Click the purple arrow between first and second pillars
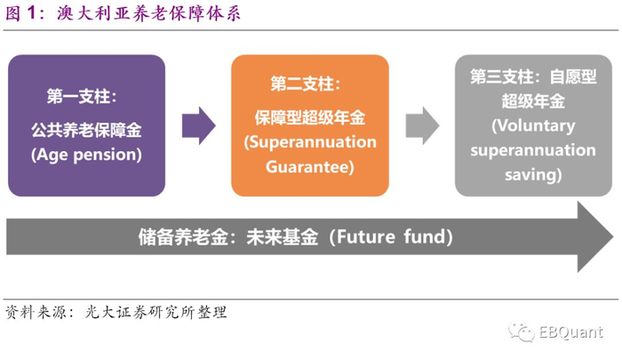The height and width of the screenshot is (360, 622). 198,125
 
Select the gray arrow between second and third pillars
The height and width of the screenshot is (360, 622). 422,125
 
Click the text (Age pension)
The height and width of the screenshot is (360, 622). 86,154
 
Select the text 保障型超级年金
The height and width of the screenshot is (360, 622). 309,118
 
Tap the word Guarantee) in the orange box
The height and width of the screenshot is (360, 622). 310,165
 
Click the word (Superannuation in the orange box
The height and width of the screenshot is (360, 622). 310,142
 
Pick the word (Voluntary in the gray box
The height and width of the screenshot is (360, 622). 533,125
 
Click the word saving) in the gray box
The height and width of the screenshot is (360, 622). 533,174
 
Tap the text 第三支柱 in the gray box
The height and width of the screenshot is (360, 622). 503,77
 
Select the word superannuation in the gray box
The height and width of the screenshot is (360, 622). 533,149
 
